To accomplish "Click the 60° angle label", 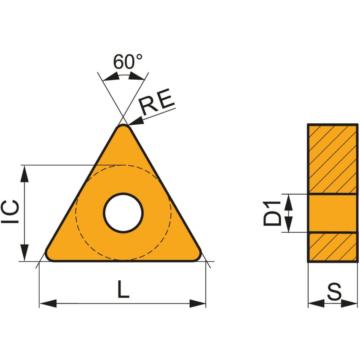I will tap(127, 62).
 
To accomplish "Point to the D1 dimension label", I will tap(272, 213).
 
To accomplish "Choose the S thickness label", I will tap(334, 292).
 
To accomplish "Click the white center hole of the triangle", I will tap(124, 212).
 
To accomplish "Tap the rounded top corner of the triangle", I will tap(124, 127).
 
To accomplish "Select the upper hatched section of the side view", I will tap(333, 159).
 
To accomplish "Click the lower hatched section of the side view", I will tap(333, 247).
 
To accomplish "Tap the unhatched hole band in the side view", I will tap(333, 213).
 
